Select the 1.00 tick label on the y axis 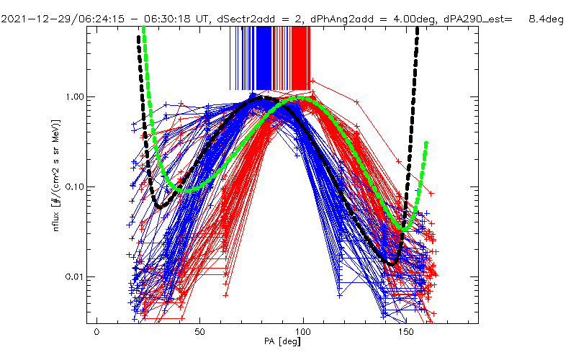coord(73,96)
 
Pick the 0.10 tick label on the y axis coord(73,186)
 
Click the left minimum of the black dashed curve coord(160,207)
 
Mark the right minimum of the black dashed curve coord(392,264)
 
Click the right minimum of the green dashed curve coord(405,229)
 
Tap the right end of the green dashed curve coord(426,143)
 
